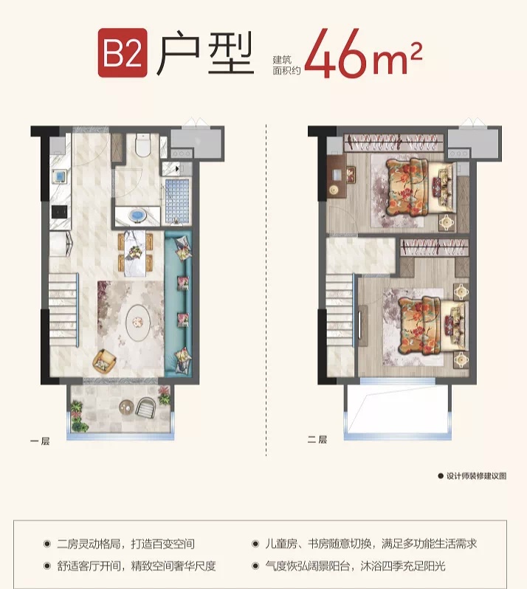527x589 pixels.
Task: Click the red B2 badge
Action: [x=123, y=53]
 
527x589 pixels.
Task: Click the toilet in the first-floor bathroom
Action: [x=142, y=145]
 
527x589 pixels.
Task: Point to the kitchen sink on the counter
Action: [x=60, y=176]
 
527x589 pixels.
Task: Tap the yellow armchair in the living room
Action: [x=104, y=361]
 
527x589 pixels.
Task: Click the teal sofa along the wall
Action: [x=179, y=303]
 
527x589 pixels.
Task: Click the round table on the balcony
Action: [x=127, y=407]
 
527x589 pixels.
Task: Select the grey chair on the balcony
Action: [x=145, y=407]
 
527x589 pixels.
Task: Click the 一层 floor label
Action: [x=40, y=441]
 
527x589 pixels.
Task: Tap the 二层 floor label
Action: [x=317, y=439]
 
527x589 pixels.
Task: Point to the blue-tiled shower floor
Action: [x=176, y=201]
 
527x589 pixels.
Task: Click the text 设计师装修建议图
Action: [x=476, y=476]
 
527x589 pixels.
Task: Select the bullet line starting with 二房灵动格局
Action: [x=125, y=543]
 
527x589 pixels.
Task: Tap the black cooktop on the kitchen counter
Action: [x=59, y=212]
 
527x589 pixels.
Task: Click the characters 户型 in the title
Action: [x=205, y=52]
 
